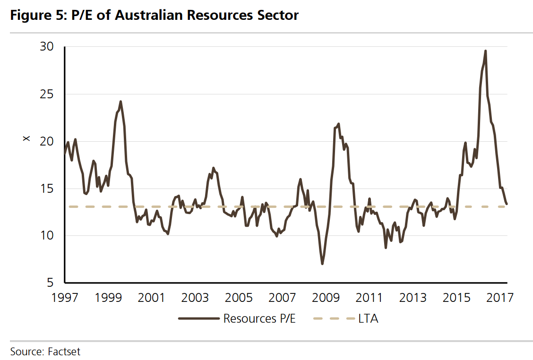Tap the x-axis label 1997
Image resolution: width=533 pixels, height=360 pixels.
(x=65, y=298)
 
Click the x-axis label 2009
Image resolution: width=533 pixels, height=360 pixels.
(x=326, y=298)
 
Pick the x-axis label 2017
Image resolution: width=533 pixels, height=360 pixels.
(x=499, y=298)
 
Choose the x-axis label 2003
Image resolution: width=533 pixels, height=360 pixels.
(x=195, y=298)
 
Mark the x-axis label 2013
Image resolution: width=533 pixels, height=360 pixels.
(x=413, y=298)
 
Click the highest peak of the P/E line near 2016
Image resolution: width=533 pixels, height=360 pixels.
(x=485, y=51)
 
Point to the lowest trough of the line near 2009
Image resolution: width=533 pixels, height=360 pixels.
(x=322, y=264)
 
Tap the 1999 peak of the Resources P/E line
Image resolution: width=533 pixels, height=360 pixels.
(x=120, y=102)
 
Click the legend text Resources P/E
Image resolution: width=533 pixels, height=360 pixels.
(x=259, y=318)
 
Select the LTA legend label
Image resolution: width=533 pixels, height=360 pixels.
(x=369, y=318)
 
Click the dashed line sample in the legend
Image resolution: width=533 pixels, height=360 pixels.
(x=334, y=318)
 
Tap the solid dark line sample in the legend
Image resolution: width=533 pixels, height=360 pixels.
(x=198, y=318)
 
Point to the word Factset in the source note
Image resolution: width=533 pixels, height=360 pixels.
(x=64, y=351)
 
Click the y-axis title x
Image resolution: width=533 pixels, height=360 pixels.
(x=26, y=138)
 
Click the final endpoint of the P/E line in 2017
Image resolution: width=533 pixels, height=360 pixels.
(x=507, y=204)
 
